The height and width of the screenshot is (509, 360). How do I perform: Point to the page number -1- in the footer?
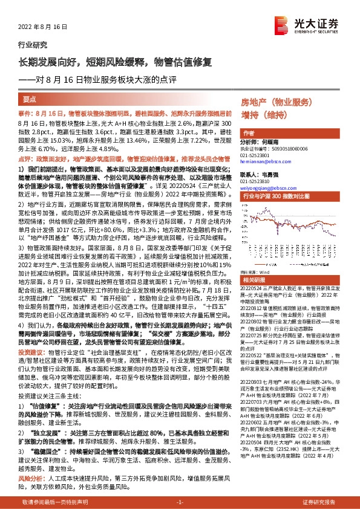(x=180, y=502)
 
